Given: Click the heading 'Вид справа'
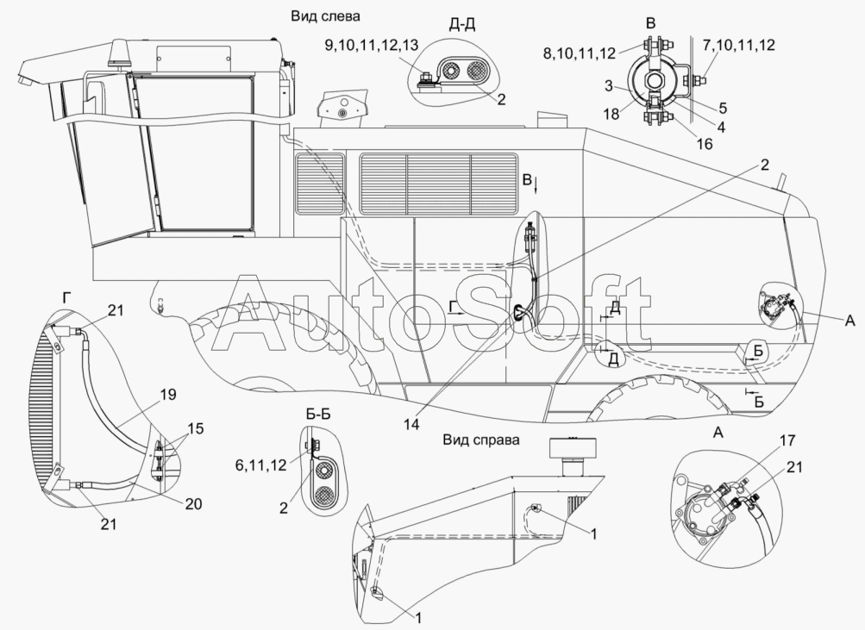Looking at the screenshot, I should coord(481,440).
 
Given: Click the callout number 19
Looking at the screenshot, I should coord(168,396).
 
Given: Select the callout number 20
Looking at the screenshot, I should coord(192,503).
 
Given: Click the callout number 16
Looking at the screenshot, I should coord(704,144).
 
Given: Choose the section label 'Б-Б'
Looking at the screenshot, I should coord(318,414).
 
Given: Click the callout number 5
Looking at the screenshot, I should coord(722,108).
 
